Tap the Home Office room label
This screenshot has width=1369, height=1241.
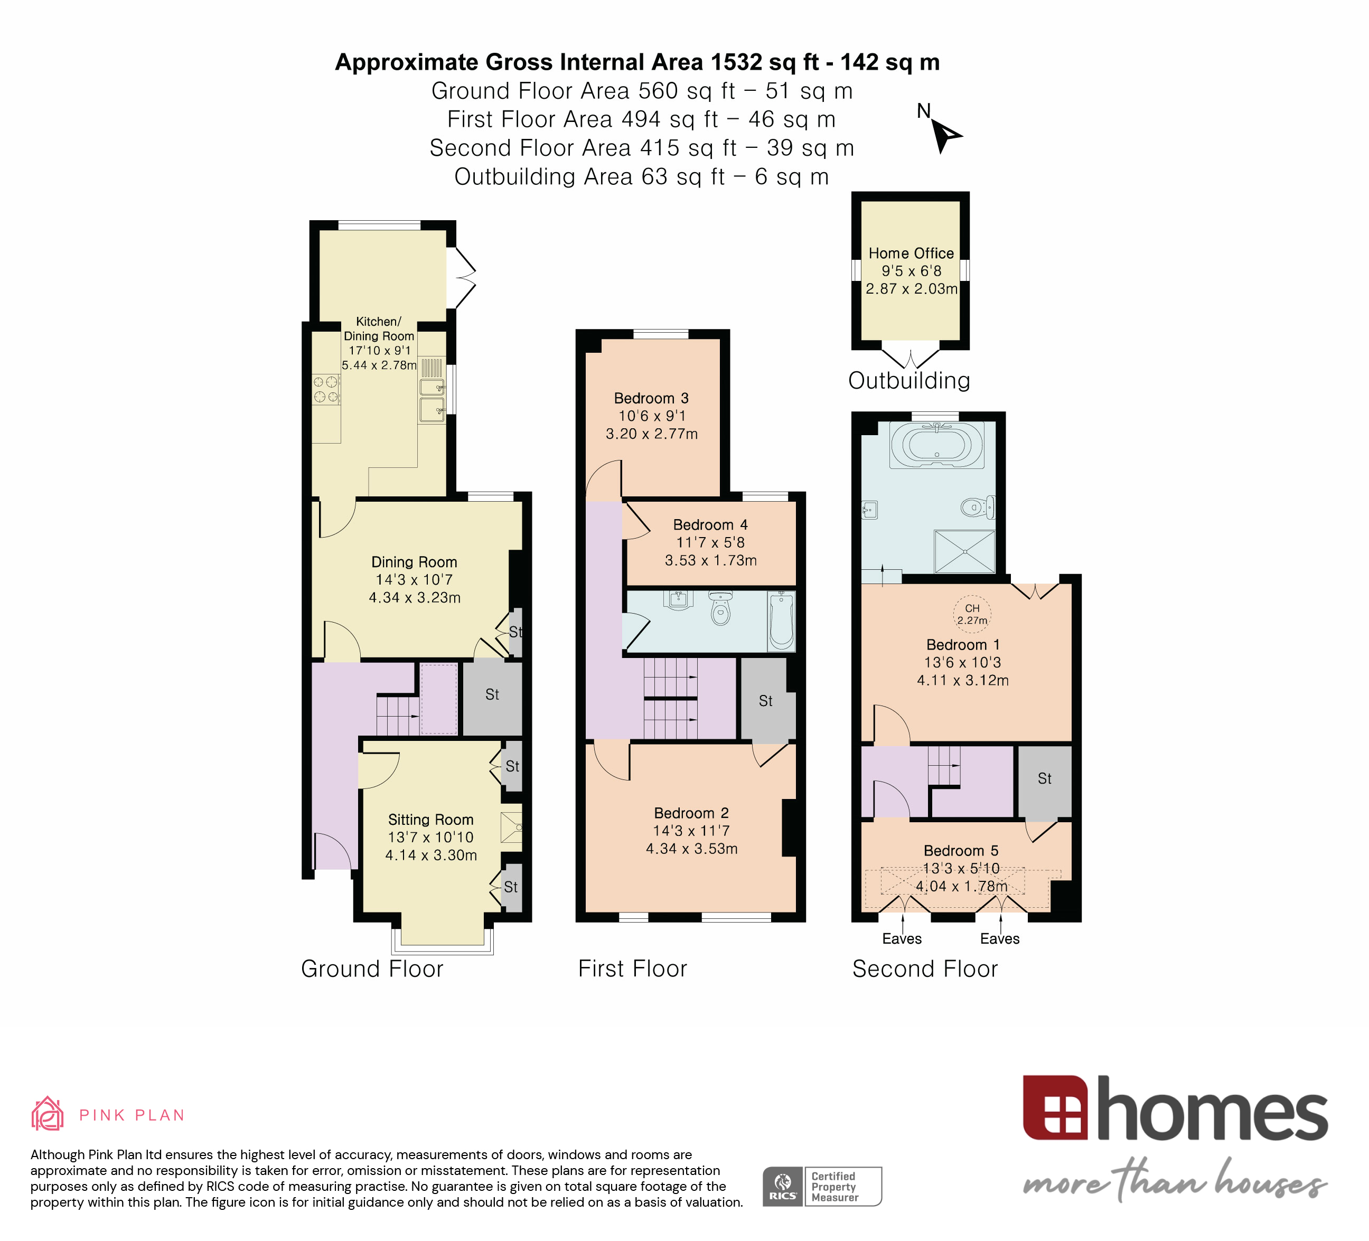tap(911, 253)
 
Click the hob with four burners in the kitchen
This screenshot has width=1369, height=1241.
tap(325, 390)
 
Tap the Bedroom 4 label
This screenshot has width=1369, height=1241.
tap(710, 525)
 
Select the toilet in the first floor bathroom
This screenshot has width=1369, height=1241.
tap(720, 609)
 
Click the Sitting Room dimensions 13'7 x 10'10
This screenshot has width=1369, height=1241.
tap(430, 838)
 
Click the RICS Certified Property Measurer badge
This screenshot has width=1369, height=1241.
tap(822, 1187)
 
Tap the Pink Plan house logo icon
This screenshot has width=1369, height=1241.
tap(48, 1115)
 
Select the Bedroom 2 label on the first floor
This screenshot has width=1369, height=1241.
tap(691, 813)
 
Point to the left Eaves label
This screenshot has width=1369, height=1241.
tap(902, 939)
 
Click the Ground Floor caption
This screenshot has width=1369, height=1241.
tap(372, 969)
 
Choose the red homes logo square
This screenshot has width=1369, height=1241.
tap(1055, 1108)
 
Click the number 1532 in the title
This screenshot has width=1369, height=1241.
tap(736, 62)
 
